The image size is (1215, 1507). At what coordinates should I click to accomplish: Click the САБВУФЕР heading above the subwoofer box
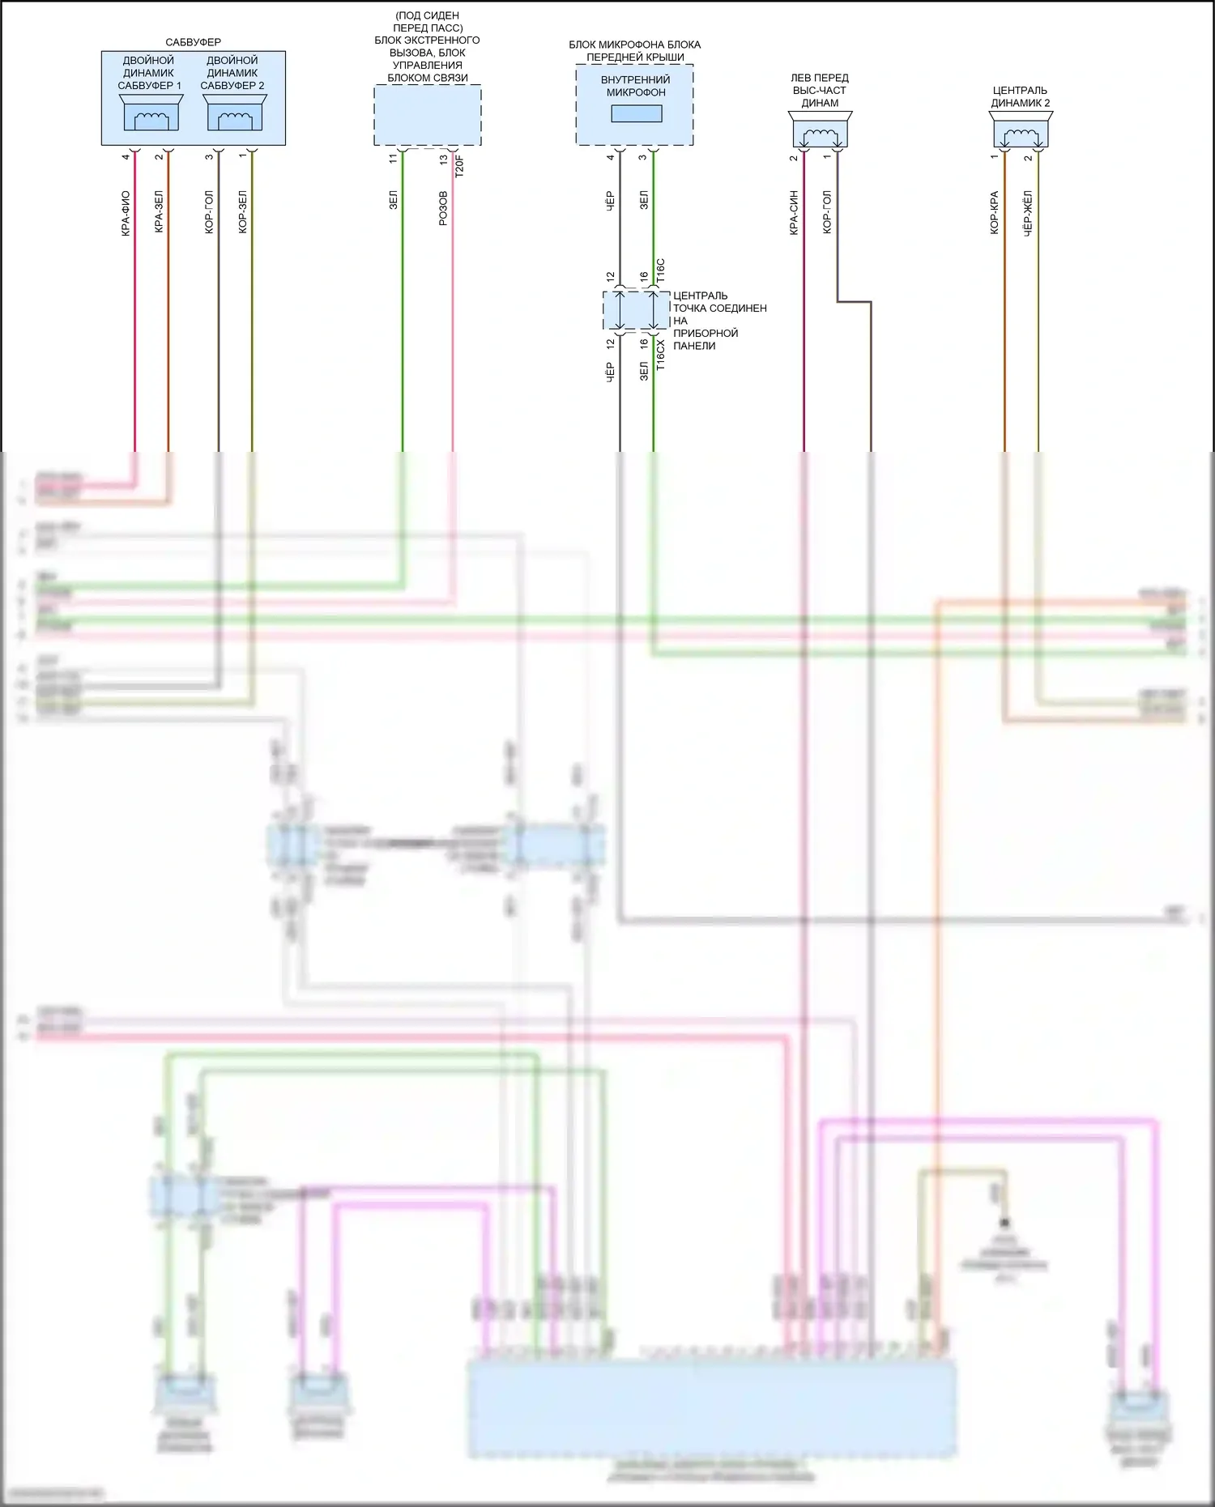193,42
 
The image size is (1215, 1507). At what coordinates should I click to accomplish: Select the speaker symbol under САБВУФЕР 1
151,113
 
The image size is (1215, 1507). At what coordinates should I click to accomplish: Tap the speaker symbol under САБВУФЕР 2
234,113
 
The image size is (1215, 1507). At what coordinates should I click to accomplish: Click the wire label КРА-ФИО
126,213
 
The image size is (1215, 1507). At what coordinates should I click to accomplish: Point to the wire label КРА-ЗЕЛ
159,211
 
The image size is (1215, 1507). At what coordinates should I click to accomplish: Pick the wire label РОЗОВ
443,208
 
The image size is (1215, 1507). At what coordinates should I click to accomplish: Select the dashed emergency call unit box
427,115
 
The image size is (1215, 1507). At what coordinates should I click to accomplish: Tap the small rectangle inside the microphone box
636,113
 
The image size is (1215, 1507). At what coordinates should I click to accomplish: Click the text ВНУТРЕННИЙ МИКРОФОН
636,86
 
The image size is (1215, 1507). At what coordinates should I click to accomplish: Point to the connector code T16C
660,270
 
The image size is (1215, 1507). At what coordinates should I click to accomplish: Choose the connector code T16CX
660,355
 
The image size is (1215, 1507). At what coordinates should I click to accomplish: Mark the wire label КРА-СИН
794,213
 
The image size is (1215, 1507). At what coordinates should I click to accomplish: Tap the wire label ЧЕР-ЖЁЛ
1028,213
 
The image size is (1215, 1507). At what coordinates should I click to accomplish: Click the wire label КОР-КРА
994,213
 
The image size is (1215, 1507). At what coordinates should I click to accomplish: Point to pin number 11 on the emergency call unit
394,159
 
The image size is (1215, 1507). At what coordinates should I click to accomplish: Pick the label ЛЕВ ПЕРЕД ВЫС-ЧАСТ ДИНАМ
820,90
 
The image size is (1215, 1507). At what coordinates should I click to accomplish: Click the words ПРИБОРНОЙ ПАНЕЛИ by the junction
706,339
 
